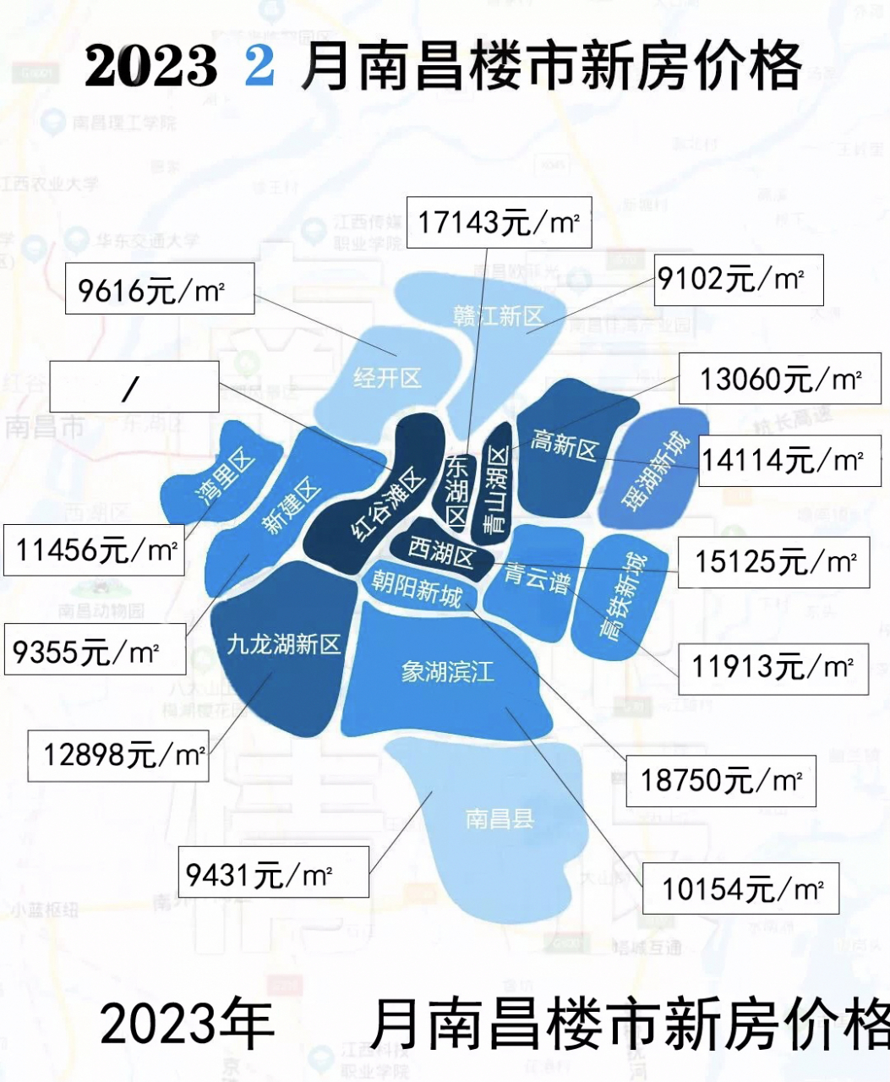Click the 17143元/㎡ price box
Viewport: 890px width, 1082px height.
point(499,222)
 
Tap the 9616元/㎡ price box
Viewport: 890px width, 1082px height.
point(159,289)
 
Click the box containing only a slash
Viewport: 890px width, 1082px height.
point(134,388)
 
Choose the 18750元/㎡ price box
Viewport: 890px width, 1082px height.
point(720,779)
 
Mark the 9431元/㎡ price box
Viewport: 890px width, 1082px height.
point(275,872)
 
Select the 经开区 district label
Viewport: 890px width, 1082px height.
point(387,377)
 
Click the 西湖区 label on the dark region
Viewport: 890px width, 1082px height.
point(441,554)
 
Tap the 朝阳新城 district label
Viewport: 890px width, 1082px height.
point(417,587)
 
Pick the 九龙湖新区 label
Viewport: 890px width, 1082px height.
point(283,645)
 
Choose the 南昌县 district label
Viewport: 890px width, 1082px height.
point(500,817)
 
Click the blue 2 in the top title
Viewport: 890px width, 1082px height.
point(259,67)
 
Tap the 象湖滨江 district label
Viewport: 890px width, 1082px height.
point(447,673)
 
